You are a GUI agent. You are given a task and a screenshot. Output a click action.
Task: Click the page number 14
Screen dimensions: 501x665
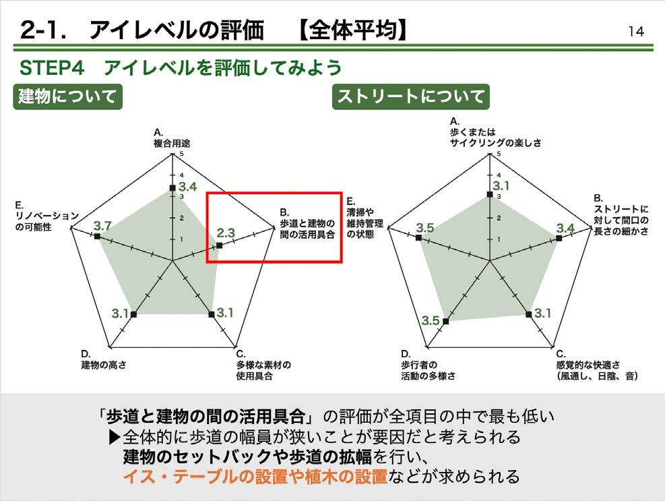tap(635, 31)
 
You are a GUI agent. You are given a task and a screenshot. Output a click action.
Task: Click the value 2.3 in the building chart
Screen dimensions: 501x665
tap(226, 233)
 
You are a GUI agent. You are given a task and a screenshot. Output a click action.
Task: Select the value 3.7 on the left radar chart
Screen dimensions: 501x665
tap(102, 225)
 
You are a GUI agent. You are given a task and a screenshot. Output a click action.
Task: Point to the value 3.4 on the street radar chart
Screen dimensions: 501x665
tap(565, 228)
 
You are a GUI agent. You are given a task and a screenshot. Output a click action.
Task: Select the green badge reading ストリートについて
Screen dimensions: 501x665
tap(411, 96)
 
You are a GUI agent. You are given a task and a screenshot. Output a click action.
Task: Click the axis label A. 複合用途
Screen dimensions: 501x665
tap(171, 138)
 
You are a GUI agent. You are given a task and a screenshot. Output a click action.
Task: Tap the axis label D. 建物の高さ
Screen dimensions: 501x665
tap(104, 359)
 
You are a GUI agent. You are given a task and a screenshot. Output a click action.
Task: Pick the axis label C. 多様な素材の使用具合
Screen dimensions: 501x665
tap(259, 365)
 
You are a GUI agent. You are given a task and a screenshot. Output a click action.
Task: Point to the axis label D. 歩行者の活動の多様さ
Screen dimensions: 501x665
tap(427, 365)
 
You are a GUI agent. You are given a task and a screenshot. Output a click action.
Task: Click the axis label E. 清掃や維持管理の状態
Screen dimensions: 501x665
tap(365, 216)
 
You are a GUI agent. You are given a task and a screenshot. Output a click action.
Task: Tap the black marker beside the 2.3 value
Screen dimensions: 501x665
tap(218, 247)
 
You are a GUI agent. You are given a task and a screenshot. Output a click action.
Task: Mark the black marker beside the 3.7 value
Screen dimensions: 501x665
tap(98, 237)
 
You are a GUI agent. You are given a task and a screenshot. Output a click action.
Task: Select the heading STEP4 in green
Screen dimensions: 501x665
tap(57, 68)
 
